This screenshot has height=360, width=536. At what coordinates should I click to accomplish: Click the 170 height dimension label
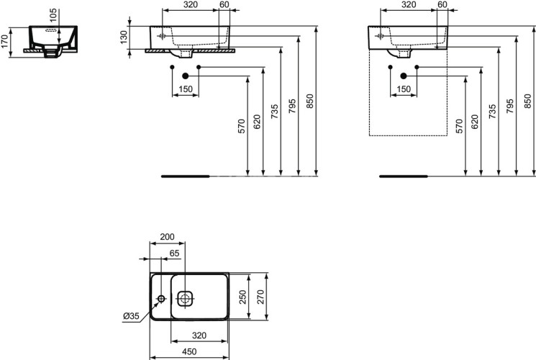[6, 42]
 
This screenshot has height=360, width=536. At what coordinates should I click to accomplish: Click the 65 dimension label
[175, 253]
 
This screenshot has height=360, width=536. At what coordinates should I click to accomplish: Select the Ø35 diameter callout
[132, 315]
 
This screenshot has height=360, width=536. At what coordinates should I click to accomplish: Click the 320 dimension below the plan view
[199, 335]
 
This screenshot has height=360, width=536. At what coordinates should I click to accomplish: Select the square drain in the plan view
[185, 297]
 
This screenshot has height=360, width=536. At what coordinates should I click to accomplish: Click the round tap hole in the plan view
[160, 298]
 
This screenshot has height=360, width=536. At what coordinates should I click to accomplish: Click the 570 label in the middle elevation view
[242, 126]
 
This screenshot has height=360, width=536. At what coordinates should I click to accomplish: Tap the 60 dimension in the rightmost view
[442, 5]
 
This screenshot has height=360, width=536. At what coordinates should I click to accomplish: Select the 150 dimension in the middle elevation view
[186, 89]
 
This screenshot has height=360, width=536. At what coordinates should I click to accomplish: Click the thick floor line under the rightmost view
[403, 175]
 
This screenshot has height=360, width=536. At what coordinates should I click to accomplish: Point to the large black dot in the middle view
[186, 76]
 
